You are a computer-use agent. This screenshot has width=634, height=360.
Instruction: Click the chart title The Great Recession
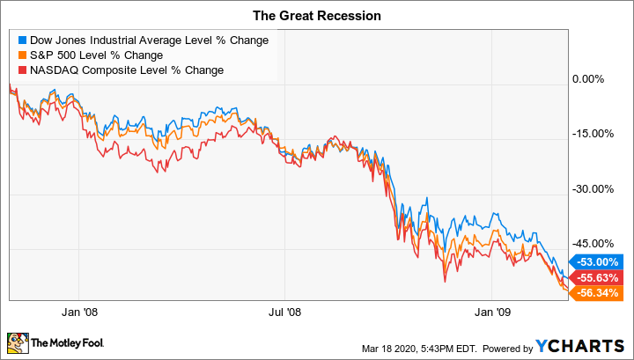point(317,14)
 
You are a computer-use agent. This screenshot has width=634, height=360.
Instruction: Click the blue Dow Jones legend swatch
point(20,40)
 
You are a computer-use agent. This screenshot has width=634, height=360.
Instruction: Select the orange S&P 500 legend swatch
point(20,55)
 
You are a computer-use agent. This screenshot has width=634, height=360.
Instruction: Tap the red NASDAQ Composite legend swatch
point(20,70)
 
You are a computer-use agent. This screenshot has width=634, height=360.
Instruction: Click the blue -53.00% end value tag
point(595,261)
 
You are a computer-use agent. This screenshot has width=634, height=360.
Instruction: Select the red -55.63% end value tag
point(595,276)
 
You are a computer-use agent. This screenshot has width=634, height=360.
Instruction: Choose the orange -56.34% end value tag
point(595,293)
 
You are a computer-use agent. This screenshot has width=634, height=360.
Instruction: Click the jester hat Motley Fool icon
point(18,342)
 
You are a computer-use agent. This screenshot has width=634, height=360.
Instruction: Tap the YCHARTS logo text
point(586,342)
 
